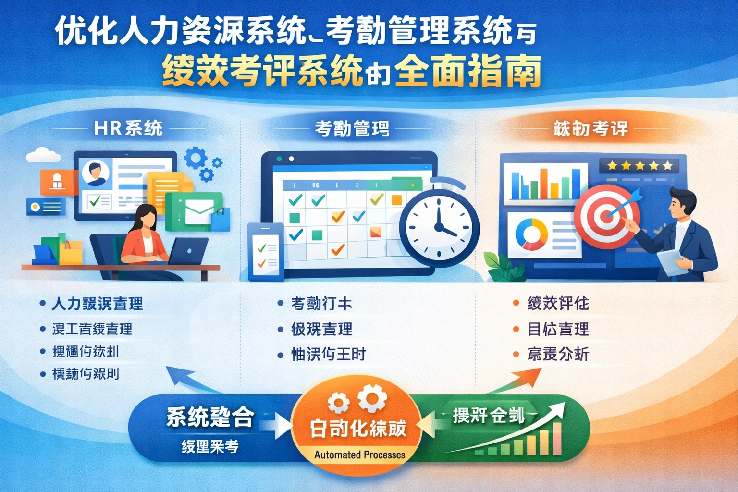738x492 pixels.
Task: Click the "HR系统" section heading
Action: pyautogui.click(x=128, y=129)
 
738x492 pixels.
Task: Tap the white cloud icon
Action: pyautogui.click(x=43, y=155)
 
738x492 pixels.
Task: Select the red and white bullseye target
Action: pyautogui.click(x=606, y=216)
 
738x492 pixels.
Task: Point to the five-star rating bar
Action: pyautogui.click(x=640, y=166)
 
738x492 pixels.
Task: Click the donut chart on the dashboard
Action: pyautogui.click(x=531, y=234)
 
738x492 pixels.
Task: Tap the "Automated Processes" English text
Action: pyautogui.click(x=359, y=455)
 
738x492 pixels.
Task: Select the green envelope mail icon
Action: pyautogui.click(x=194, y=211)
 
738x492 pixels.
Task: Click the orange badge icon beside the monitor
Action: pyautogui.click(x=57, y=182)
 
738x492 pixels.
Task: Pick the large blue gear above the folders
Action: pyautogui.click(x=196, y=158)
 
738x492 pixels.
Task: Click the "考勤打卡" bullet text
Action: pyautogui.click(x=321, y=304)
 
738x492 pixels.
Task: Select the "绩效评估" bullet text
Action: pyautogui.click(x=558, y=304)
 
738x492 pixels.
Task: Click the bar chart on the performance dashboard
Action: pyautogui.click(x=545, y=183)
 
